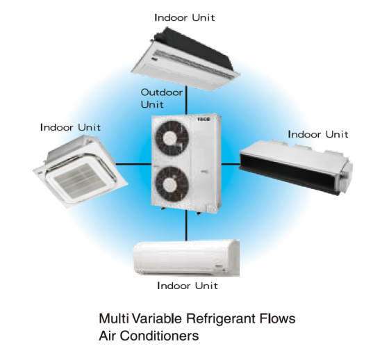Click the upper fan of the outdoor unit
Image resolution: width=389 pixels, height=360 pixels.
[172, 138]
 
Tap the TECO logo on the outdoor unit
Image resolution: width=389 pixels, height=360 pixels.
[204, 119]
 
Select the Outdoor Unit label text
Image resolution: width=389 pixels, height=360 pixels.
[162, 98]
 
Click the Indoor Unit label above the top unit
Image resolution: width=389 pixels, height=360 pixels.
[185, 17]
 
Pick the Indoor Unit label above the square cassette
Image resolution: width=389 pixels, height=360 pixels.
[70, 127]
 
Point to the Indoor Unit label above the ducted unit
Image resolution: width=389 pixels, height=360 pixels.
[318, 134]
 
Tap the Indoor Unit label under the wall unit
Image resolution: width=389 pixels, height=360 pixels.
[188, 286]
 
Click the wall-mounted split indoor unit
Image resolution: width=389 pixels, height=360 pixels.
[186, 258]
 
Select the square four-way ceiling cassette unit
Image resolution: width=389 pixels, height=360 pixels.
[81, 172]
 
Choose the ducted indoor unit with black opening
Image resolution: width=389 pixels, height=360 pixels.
[296, 167]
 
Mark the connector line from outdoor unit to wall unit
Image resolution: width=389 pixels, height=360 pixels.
[186, 226]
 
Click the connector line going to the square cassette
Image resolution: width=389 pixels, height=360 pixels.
[133, 164]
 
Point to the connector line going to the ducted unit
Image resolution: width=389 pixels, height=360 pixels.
[230, 164]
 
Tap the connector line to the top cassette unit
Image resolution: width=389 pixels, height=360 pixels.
[186, 100]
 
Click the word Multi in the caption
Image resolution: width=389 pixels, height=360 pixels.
[114, 318]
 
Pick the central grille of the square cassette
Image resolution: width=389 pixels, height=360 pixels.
[80, 180]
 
